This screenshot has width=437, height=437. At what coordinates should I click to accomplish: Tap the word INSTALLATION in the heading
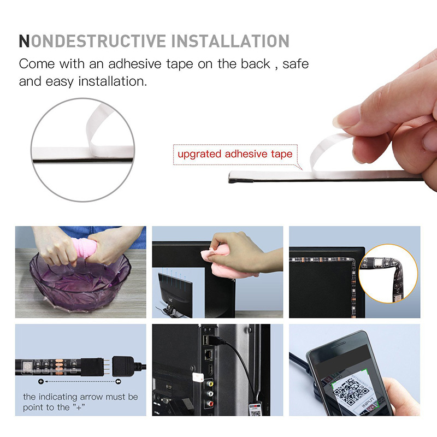[x=230, y=41]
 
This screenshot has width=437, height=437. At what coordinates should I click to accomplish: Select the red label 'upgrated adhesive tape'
[x=235, y=154]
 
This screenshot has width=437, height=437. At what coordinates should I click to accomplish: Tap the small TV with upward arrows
[x=175, y=295]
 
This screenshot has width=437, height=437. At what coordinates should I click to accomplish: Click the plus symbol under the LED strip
[x=41, y=381]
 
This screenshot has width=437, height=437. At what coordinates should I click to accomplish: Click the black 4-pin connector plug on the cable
[x=124, y=367]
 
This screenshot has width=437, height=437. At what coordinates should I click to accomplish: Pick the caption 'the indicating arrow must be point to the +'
[x=80, y=402]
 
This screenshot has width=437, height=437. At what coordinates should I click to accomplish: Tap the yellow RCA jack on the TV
[x=210, y=384]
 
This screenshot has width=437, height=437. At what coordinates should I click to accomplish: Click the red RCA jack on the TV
[x=211, y=403]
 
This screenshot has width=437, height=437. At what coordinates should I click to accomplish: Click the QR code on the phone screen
[x=351, y=391]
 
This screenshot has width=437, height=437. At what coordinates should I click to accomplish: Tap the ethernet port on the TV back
[x=209, y=354]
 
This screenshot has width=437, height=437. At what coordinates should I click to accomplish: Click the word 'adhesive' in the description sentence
[x=135, y=64]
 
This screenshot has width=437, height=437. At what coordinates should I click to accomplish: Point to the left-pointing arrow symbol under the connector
[x=118, y=381]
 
